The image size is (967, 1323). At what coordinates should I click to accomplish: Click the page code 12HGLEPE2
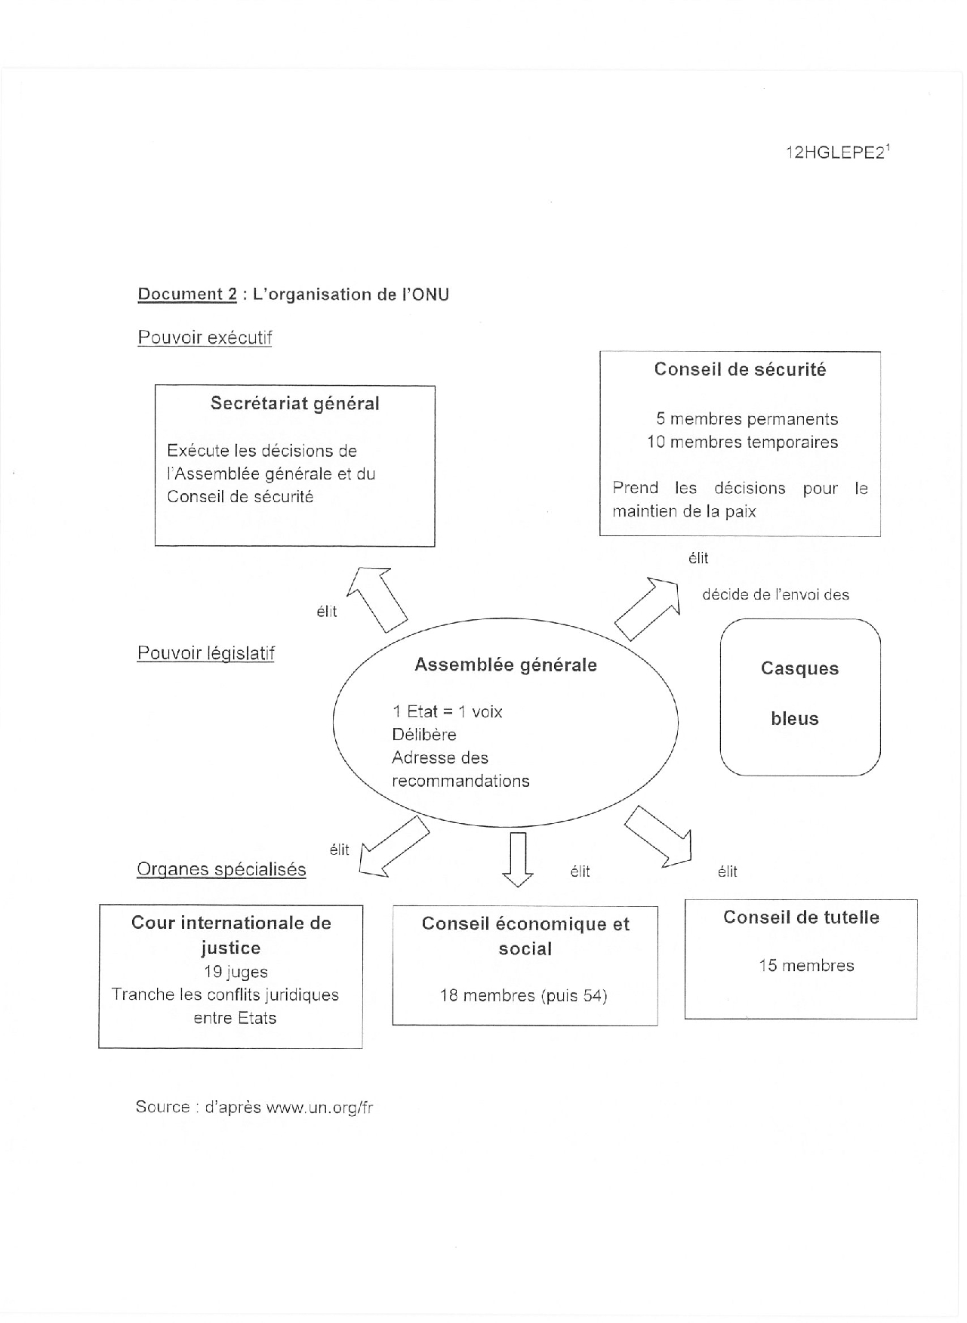coord(835,153)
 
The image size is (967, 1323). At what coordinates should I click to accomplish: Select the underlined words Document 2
coord(187,295)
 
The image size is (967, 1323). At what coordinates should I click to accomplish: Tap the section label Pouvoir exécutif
coord(205,338)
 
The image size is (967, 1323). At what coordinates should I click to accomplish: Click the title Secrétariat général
coord(294,403)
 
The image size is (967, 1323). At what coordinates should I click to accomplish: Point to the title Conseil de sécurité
coord(740,369)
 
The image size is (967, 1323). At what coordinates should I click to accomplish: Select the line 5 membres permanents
coord(747,419)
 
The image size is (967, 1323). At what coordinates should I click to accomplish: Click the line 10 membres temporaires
coord(743,442)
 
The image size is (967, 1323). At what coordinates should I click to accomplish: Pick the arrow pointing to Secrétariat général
coord(378,596)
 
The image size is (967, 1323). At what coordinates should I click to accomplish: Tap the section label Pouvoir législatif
coord(205,653)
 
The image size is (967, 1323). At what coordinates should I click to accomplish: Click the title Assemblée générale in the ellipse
coord(506,665)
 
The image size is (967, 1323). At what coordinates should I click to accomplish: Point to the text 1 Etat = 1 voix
coord(447,711)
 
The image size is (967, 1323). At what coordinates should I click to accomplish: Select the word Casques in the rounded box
coord(799,668)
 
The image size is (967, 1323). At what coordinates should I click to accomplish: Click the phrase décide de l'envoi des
coord(775,595)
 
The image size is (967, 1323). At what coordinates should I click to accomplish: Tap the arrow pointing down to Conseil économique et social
coord(518,859)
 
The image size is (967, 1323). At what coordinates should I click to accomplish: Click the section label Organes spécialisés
coord(221,869)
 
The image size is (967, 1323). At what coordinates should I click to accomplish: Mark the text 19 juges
coord(236,972)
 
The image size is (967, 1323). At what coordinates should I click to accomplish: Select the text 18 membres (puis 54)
coord(524,995)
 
